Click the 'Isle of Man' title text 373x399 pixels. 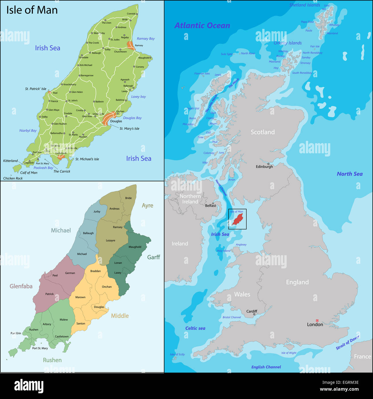click(x=32, y=10)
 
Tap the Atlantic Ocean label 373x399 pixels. click(x=202, y=26)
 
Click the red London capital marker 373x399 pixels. click(x=317, y=320)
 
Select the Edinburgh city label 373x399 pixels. click(x=264, y=167)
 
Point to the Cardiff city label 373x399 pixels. click(x=252, y=311)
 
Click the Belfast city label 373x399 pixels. click(x=210, y=206)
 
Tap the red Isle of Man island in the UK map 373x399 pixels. click(x=238, y=220)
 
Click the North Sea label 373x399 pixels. click(x=349, y=174)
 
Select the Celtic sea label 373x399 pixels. click(x=195, y=328)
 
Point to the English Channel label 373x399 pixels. click(x=266, y=367)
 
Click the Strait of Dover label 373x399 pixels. click(x=347, y=342)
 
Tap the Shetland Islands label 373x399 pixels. click(x=304, y=5)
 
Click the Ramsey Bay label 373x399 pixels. click(x=145, y=38)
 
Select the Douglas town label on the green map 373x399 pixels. click(x=116, y=121)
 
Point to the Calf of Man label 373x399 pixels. click(x=29, y=173)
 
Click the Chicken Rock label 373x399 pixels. click(x=13, y=178)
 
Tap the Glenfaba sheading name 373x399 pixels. click(x=21, y=286)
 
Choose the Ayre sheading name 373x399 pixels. click(x=147, y=206)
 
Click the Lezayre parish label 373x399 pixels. click(x=110, y=241)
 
